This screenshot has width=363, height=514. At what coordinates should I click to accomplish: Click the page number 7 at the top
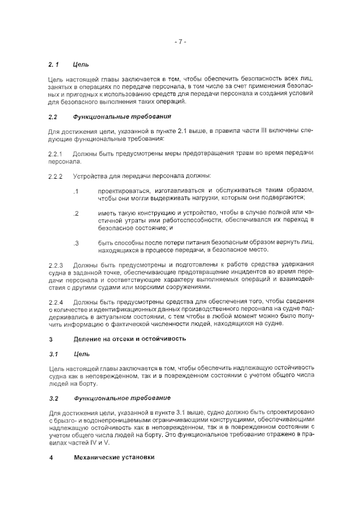coord(181,42)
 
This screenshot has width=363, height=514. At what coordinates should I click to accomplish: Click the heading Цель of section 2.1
coord(81,65)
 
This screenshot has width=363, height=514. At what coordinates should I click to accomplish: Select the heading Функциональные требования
coord(122,117)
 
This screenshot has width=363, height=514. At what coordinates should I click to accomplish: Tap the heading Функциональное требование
coord(122,398)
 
